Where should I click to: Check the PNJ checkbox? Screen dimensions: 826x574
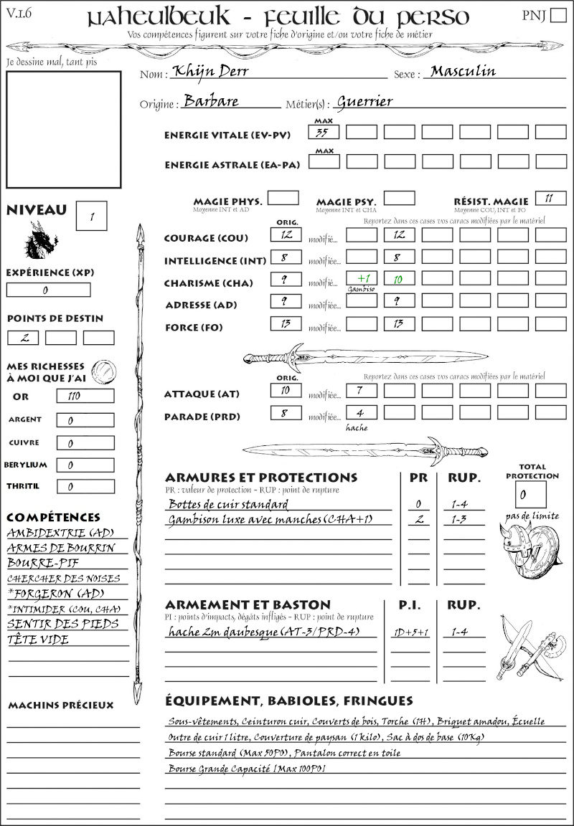(x=557, y=16)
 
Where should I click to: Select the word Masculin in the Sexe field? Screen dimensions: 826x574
(x=463, y=71)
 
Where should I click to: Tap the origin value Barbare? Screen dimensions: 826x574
(x=211, y=101)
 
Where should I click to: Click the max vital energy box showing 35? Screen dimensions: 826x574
(x=324, y=132)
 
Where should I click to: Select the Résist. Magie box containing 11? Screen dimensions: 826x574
(x=550, y=198)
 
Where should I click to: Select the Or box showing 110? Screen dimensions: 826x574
(x=85, y=396)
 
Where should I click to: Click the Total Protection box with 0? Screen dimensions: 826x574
(x=530, y=495)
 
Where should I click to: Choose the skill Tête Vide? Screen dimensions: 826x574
(x=38, y=640)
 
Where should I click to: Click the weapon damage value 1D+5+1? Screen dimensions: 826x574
(x=410, y=632)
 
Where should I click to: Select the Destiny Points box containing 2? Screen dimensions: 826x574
(x=23, y=338)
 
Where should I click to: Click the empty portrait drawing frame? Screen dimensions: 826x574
(x=63, y=129)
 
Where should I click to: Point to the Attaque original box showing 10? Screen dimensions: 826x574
(x=286, y=391)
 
